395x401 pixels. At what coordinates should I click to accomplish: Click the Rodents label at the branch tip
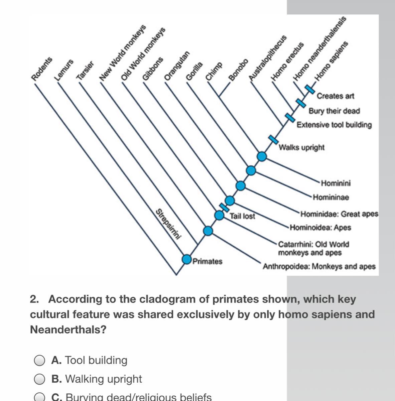tap(42, 69)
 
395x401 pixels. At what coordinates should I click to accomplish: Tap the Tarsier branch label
tap(85, 71)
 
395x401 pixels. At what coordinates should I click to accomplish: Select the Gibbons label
tap(153, 69)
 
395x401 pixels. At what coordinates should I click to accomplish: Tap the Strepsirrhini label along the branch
tap(169, 224)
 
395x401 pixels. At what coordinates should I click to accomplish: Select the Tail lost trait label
tap(242, 216)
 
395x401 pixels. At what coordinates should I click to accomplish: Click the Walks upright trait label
tap(302, 147)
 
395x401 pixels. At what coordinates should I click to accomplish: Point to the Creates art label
tap(335, 96)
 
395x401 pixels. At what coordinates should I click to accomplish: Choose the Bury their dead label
tap(334, 111)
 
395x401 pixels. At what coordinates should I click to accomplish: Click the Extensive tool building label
tap(334, 125)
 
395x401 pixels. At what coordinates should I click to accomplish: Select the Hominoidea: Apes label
tap(320, 228)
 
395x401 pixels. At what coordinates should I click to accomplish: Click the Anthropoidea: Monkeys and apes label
tap(319, 267)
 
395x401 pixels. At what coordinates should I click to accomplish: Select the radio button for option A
tap(39, 360)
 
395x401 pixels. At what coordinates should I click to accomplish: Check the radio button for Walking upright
tap(39, 379)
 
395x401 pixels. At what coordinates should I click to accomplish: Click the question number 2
tap(34, 299)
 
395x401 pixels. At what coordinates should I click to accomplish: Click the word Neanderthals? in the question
tap(68, 330)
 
